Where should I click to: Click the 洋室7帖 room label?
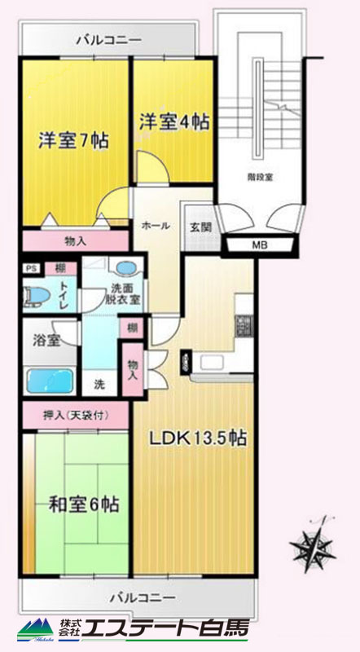(73, 140)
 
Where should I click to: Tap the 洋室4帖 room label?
(173, 122)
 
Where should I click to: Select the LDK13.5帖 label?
(198, 438)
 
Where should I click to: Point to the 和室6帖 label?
(84, 504)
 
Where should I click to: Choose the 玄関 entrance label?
(201, 227)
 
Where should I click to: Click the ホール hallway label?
(155, 226)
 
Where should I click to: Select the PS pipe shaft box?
(32, 268)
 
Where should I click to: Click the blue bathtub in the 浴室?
(50, 381)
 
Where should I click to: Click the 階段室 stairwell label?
(263, 177)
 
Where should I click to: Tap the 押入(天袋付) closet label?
(76, 415)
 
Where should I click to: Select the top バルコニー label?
(109, 40)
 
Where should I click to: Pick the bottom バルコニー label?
(143, 599)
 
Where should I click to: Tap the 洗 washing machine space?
(99, 385)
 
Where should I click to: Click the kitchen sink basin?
(212, 362)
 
